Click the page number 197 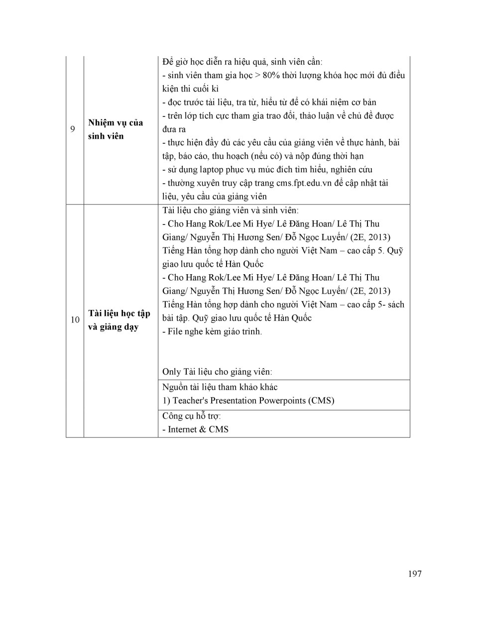coord(414,574)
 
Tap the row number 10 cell coord(75,320)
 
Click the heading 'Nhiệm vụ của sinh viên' coord(116,129)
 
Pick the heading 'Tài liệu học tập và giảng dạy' coord(119,320)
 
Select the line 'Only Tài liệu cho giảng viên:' coord(217,372)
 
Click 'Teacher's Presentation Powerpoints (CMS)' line coord(248,401)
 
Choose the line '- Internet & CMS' coord(195,429)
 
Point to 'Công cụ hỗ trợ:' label coord(192,416)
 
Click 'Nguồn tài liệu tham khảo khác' coord(220,387)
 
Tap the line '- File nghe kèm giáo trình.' coord(212,331)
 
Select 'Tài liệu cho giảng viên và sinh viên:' coord(231,210)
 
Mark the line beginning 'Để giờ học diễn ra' coord(242,62)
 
